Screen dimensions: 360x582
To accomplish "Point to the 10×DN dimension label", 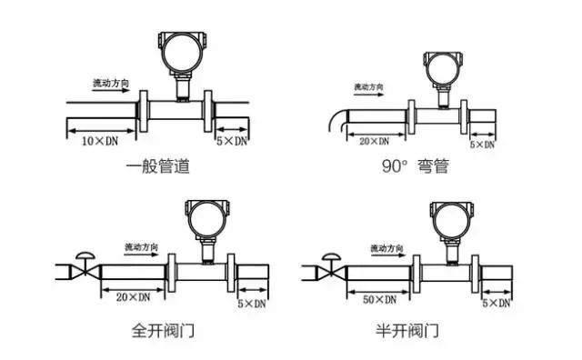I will [x=101, y=143].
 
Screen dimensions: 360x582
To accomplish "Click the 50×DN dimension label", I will [x=378, y=299].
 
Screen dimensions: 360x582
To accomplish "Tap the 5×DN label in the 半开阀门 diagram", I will [x=496, y=300].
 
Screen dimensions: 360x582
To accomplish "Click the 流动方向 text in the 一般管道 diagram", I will [x=111, y=83].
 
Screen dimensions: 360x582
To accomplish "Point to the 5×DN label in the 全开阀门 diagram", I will [x=251, y=301].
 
